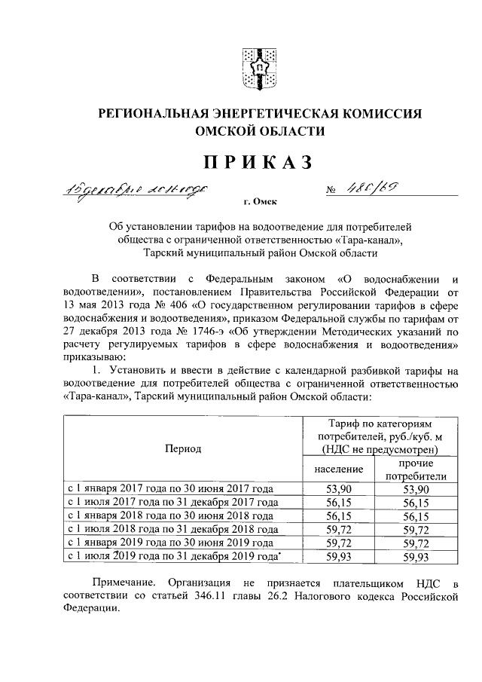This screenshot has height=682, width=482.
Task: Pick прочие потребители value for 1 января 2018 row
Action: click(x=416, y=515)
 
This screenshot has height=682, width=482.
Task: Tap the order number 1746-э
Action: click(x=187, y=332)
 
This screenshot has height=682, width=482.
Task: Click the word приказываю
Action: click(x=95, y=358)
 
